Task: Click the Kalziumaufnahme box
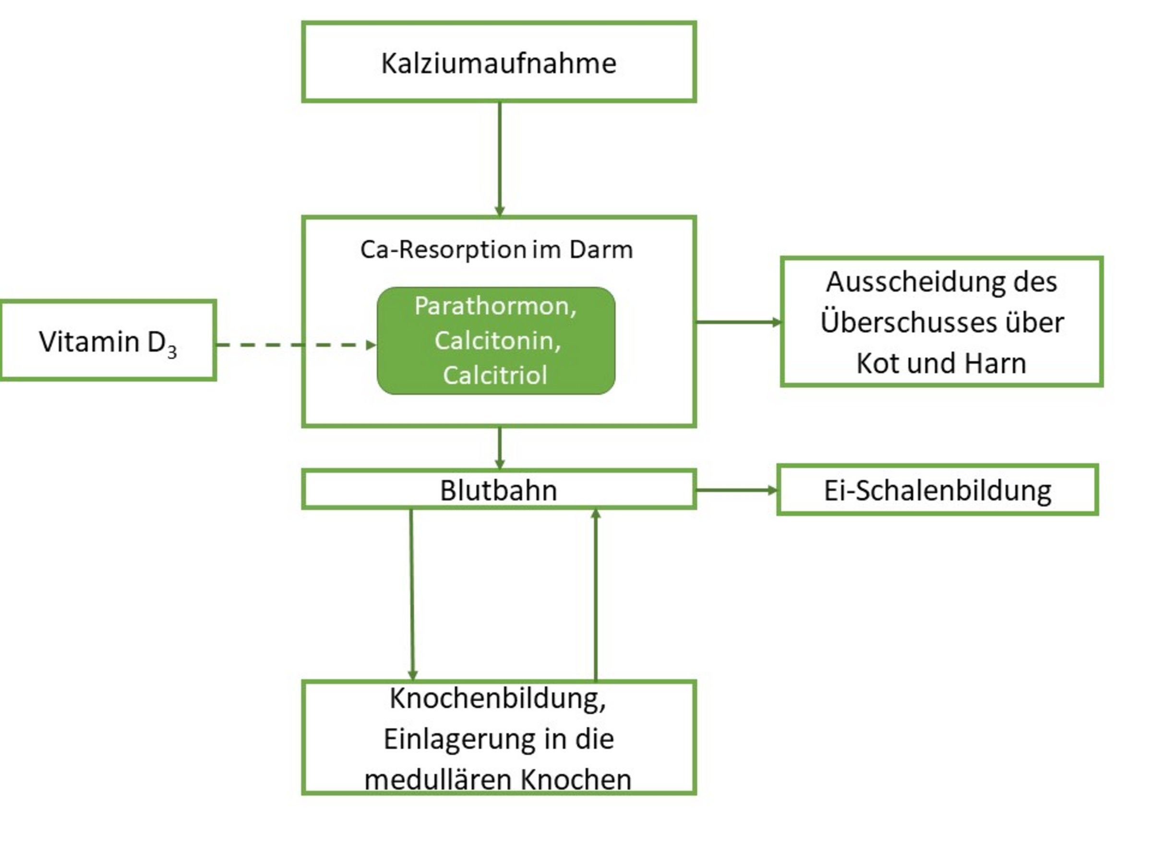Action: (x=498, y=62)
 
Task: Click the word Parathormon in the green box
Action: (x=495, y=306)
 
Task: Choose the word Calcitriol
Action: (x=495, y=375)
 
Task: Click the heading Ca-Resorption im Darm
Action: (x=496, y=250)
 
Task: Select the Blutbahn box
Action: (x=498, y=490)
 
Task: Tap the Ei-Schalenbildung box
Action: (x=937, y=491)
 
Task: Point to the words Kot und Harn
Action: (x=941, y=363)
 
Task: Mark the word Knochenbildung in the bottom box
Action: (x=497, y=699)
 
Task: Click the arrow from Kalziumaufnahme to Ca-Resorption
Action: (x=500, y=159)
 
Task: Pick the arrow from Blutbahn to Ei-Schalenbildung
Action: (x=736, y=490)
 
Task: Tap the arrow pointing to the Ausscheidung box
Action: (x=739, y=323)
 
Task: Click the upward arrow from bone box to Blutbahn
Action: (x=596, y=594)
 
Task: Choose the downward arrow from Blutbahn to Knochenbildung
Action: (x=412, y=594)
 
